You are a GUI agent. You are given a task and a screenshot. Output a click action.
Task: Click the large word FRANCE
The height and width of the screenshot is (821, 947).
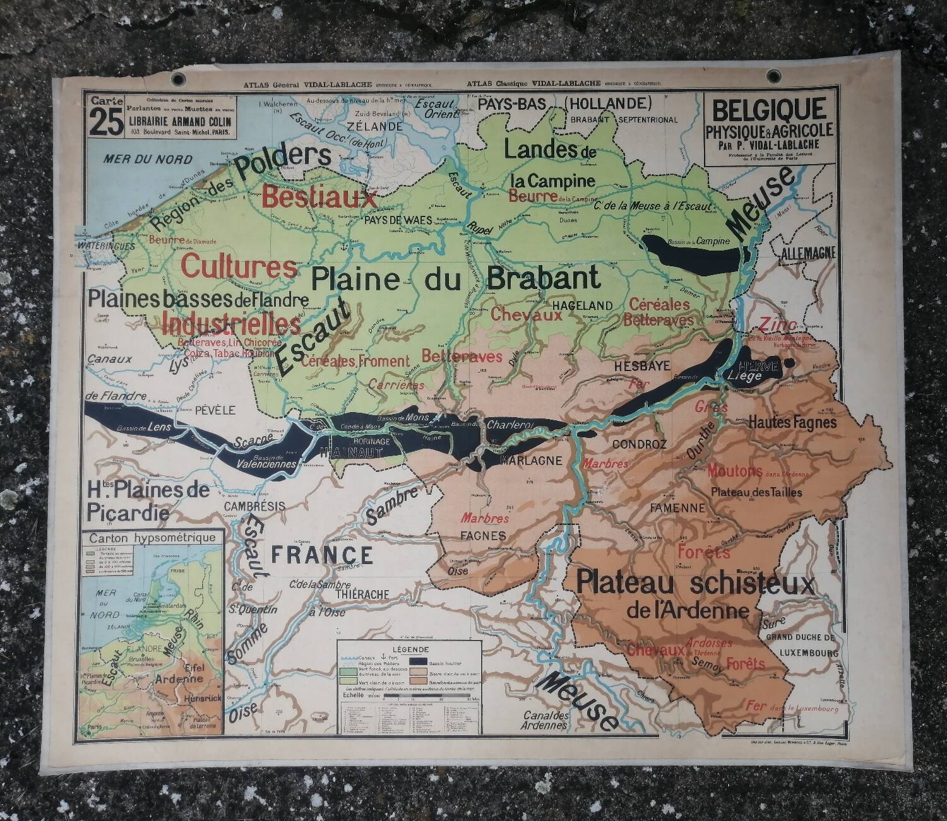(x=322, y=555)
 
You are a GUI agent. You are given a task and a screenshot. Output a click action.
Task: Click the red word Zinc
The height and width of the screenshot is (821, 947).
(x=775, y=324)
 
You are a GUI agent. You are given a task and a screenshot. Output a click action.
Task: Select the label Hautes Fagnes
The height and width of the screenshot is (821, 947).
(x=792, y=423)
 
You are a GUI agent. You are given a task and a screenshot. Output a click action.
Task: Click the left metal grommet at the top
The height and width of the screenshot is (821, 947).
(x=178, y=79)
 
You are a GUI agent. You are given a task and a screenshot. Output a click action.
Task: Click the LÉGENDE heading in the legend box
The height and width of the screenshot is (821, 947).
(x=411, y=649)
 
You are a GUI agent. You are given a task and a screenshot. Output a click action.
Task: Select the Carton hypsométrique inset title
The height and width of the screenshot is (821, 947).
(x=152, y=538)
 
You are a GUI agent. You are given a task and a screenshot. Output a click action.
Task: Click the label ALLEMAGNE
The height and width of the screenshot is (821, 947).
(x=808, y=254)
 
